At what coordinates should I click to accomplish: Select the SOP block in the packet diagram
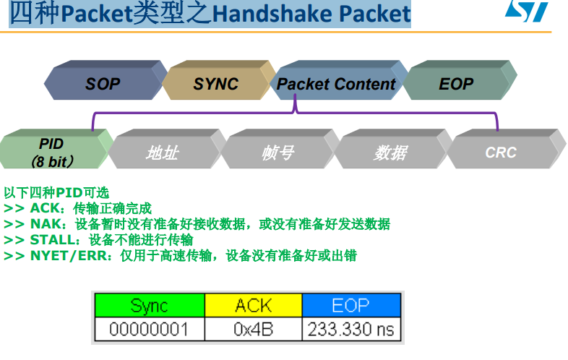(x=103, y=83)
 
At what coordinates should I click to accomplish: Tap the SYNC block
(x=215, y=83)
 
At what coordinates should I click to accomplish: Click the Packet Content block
(x=336, y=83)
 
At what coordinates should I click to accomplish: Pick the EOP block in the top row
(x=456, y=83)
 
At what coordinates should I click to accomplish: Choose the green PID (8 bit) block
(x=52, y=152)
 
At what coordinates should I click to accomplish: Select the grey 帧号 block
(x=277, y=153)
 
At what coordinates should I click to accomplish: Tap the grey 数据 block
(x=390, y=153)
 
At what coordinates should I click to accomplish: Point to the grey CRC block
(x=502, y=153)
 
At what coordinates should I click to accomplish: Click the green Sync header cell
(x=149, y=305)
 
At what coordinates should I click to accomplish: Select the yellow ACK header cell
(x=253, y=305)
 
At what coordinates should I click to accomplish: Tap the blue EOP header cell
(x=350, y=305)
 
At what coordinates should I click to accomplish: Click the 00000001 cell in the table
(x=149, y=330)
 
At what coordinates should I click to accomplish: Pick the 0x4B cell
(x=253, y=330)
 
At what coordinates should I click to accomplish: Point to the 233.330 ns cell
(x=351, y=330)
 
